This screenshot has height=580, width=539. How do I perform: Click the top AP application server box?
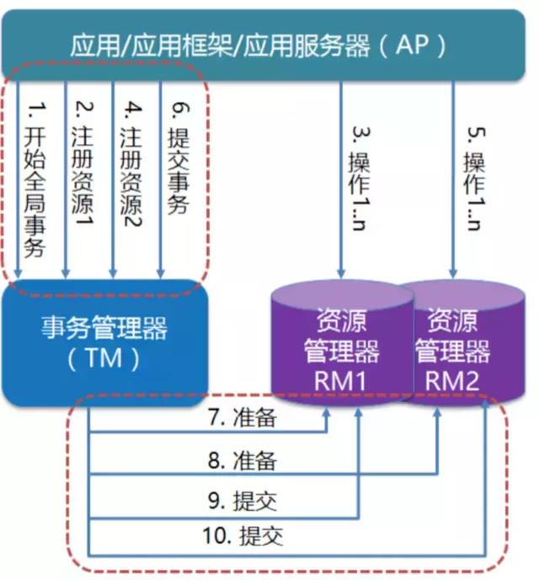pos(269,45)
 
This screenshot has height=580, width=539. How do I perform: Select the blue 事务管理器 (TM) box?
pos(104,341)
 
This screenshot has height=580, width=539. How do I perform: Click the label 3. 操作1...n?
pos(356,180)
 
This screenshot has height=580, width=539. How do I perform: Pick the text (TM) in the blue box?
pos(104,359)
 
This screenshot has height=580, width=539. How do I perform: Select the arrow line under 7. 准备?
pos(211,432)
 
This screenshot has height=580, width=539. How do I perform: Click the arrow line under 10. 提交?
pos(286,555)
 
